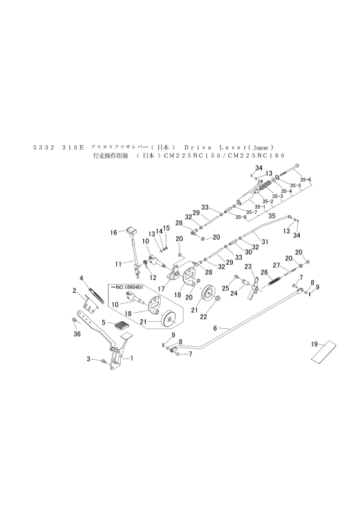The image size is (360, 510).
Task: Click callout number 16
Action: click(113, 232)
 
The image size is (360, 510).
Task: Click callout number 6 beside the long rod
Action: click(216, 328)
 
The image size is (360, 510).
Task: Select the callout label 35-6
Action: click(306, 179)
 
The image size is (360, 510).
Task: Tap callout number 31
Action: click(264, 241)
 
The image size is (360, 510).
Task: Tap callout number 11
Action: click(118, 263)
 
